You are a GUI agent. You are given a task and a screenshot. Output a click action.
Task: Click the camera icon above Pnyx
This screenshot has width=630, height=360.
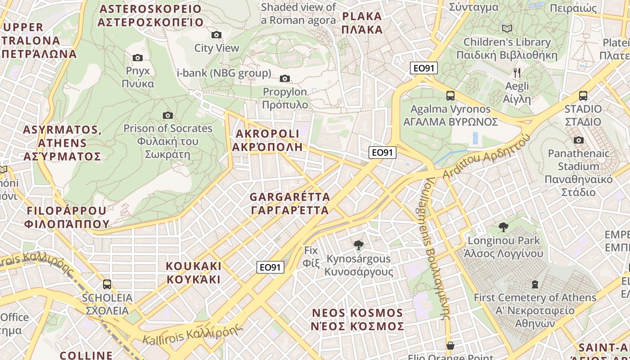(x=138, y=58)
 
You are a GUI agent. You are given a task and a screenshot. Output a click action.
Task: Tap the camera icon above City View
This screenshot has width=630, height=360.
(x=216, y=35)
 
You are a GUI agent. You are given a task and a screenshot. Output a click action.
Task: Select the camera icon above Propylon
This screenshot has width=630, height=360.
(x=284, y=79)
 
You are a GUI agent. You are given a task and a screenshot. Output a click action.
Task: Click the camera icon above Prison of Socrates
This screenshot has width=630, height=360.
(x=168, y=115)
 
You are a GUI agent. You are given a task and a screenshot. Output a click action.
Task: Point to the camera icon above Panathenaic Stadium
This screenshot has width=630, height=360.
(x=579, y=140)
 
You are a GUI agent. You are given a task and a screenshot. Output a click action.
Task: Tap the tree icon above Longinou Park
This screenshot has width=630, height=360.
(x=503, y=227)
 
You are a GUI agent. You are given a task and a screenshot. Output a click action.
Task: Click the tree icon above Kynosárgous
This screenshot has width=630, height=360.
(x=359, y=245)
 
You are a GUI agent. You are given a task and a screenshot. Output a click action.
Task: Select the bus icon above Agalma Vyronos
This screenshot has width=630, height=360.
(x=450, y=95)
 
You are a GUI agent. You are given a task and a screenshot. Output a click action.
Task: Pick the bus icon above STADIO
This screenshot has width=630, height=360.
(x=583, y=95)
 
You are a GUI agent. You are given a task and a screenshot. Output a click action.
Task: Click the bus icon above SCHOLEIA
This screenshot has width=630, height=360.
(x=107, y=284)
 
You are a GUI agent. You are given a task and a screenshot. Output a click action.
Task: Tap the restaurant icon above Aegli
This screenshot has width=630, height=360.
(x=517, y=72)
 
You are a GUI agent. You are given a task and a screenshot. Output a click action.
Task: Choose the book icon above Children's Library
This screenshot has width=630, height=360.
(x=507, y=29)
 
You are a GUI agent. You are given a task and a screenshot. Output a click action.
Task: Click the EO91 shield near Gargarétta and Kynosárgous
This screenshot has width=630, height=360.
(x=271, y=267)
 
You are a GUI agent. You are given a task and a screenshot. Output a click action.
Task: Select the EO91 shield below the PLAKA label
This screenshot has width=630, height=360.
(x=424, y=68)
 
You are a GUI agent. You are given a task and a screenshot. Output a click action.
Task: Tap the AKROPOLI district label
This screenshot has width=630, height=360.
(x=267, y=140)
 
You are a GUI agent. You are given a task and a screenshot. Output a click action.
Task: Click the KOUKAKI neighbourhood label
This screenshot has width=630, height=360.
(x=193, y=273)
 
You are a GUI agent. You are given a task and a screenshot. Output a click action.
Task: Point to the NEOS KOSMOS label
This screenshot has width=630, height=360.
(x=357, y=319)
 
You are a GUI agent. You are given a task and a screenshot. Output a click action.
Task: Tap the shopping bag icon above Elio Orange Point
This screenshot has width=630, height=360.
(x=450, y=346)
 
